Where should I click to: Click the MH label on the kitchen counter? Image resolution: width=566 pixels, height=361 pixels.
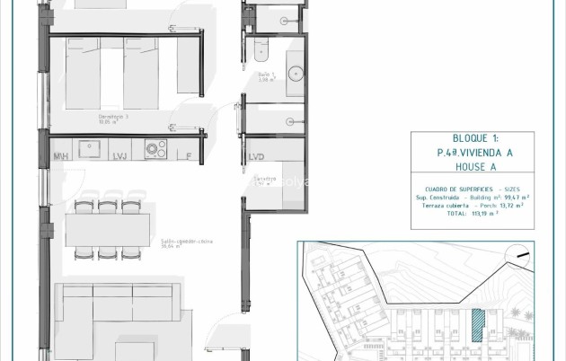[x=62, y=155]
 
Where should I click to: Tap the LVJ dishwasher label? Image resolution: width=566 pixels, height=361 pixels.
[x=119, y=156]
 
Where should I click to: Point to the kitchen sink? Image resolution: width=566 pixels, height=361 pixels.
[x=90, y=146]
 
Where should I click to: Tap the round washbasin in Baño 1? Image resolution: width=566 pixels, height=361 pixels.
[x=296, y=73]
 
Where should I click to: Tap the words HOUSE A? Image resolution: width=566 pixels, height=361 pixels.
[x=464, y=167]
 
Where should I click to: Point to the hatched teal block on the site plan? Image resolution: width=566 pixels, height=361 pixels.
[x=482, y=323]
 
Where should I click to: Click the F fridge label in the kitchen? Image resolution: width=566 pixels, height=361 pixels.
[x=187, y=156]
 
